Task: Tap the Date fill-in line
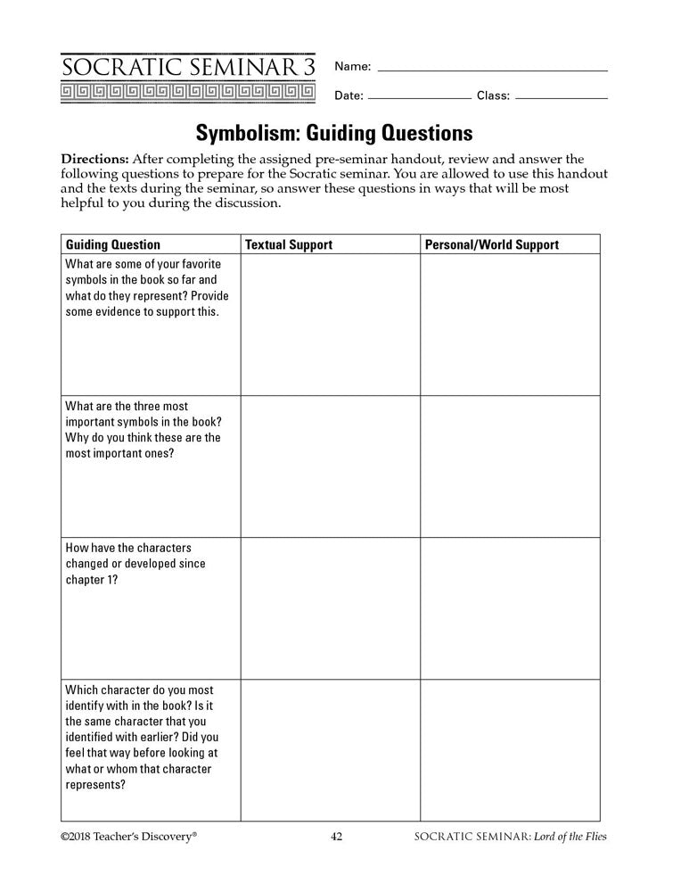coord(419,96)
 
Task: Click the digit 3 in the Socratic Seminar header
coord(308,67)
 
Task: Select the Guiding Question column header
coord(113,244)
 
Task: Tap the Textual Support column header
coord(288,244)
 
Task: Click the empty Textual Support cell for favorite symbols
coord(329,325)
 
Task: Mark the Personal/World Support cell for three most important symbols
coord(510,467)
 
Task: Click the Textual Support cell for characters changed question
coord(329,608)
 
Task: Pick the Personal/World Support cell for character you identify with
coord(510,750)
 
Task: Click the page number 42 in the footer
coord(337,837)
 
